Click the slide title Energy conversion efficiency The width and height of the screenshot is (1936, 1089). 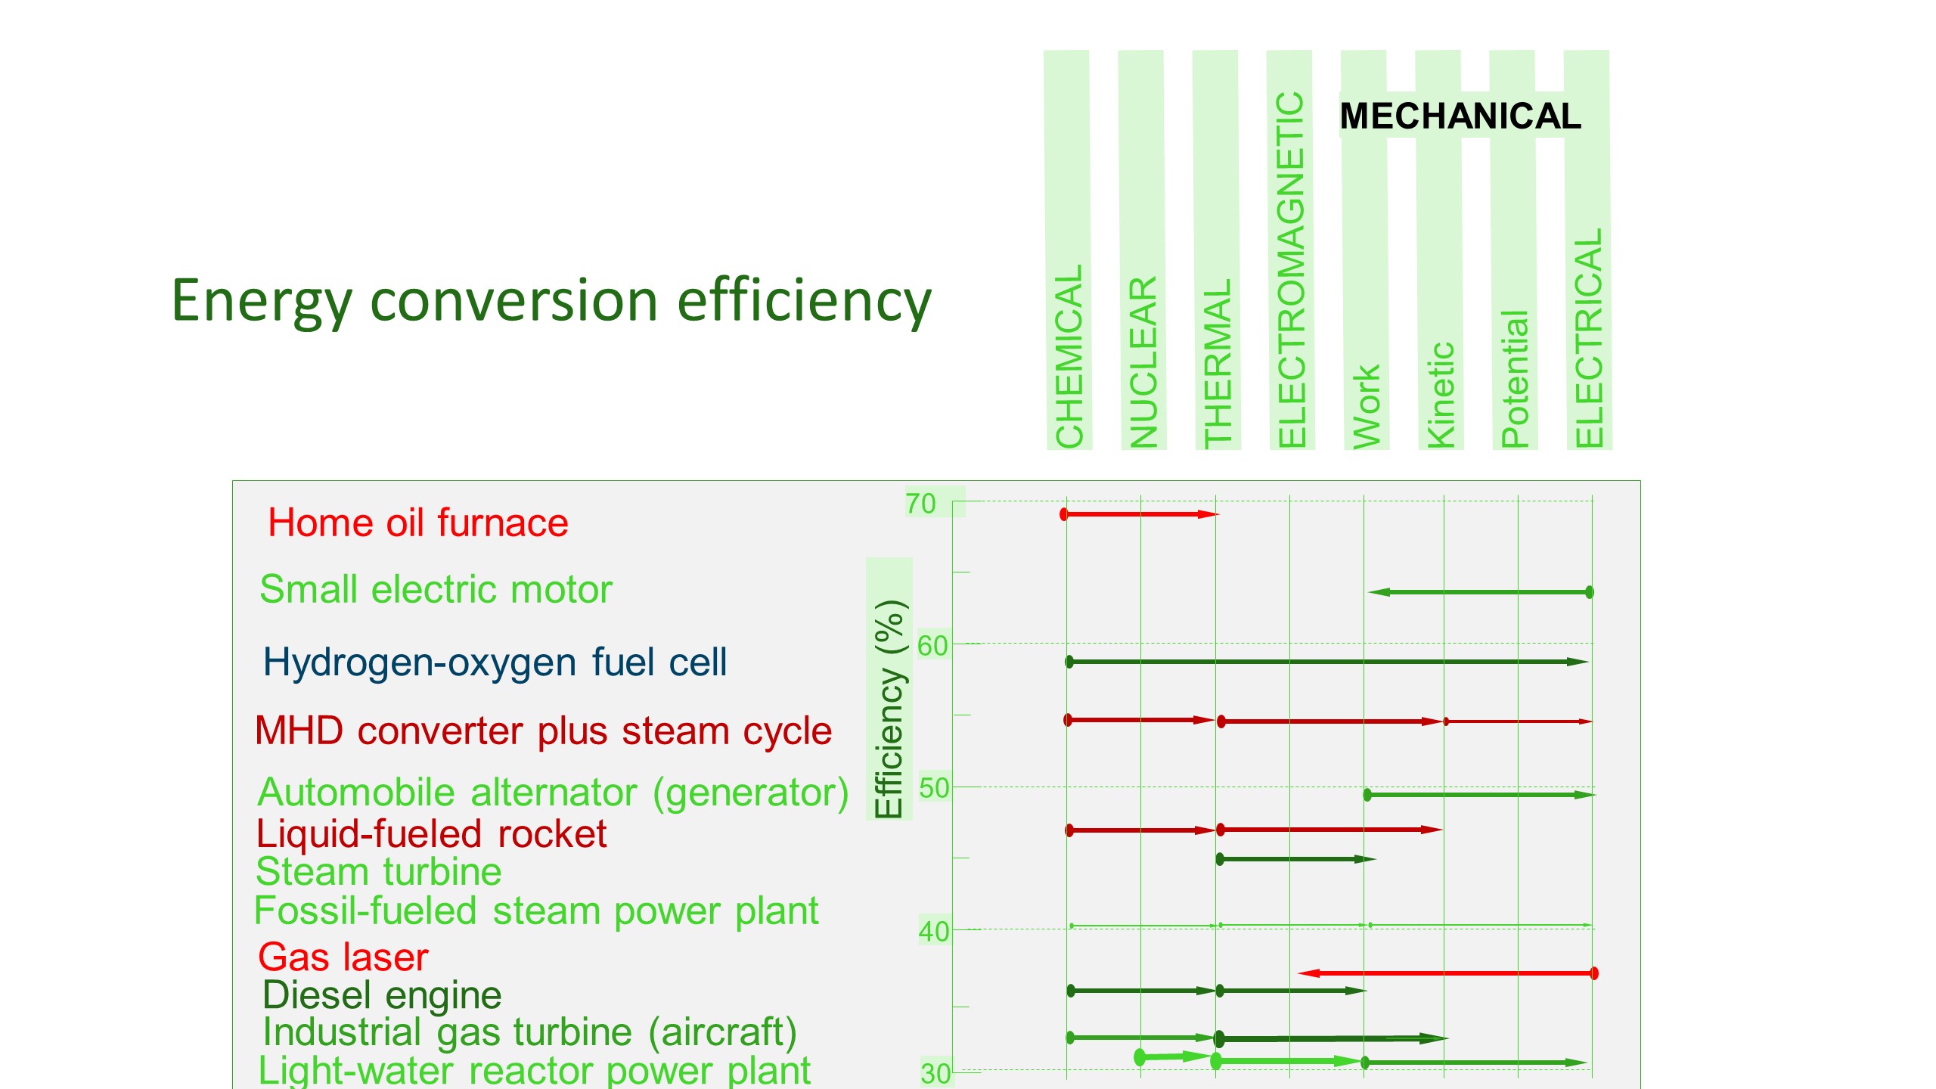point(551,302)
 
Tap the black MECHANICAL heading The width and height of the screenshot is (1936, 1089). point(1460,116)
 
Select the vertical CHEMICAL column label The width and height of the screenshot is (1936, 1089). point(1069,355)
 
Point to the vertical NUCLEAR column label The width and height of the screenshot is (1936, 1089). point(1143,361)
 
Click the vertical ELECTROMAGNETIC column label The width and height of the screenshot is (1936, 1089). point(1291,269)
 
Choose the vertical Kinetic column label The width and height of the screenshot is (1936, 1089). point(1440,395)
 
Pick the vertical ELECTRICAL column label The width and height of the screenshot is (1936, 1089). point(1589,337)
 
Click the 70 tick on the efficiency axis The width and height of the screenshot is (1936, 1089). point(921,504)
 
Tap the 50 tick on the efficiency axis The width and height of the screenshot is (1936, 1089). point(934,788)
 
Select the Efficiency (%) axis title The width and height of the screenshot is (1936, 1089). point(889,709)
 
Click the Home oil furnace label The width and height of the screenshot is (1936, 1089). point(418,523)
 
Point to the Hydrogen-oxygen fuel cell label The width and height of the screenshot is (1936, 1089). point(495,662)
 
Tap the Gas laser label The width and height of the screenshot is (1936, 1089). point(343,957)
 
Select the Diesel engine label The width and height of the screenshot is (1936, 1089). point(382,995)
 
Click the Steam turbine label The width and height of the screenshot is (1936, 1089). point(379,871)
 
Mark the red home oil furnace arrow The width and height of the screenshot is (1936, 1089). point(1140,514)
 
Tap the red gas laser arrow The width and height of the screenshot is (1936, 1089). point(1447,973)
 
